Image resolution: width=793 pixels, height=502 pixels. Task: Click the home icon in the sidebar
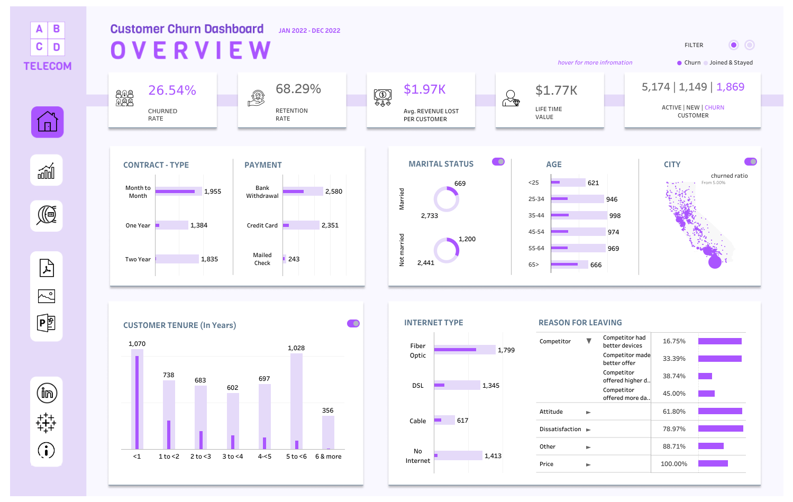[47, 122]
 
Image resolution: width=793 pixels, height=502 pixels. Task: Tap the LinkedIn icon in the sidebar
[47, 393]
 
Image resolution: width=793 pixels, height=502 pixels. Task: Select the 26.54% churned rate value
[172, 90]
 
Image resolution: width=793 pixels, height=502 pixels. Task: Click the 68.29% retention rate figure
[298, 89]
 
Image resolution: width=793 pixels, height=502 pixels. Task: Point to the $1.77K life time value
[556, 90]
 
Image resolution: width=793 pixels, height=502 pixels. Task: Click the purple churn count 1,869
[730, 87]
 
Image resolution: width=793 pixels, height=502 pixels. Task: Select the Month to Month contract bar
[178, 191]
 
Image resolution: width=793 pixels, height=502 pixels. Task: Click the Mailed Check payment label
[262, 259]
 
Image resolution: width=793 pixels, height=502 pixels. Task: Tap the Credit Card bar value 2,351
[330, 225]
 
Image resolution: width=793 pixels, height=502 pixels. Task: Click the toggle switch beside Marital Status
[498, 162]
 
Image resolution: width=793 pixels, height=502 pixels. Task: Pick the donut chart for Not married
[446, 250]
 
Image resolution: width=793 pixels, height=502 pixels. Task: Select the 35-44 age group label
[536, 216]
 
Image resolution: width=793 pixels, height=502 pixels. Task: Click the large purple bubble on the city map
[715, 262]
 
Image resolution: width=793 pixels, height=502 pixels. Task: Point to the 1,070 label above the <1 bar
[137, 344]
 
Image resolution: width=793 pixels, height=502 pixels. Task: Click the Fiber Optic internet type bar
[464, 350]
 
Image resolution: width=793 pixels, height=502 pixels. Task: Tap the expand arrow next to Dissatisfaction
[588, 430]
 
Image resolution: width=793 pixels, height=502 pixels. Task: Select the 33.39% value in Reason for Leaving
[674, 359]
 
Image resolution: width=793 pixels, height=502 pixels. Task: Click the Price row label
[546, 464]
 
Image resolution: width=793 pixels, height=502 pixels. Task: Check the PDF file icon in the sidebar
[47, 268]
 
